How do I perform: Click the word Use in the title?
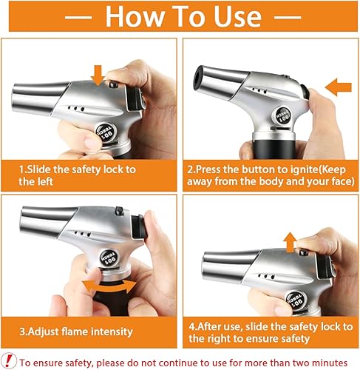(237, 16)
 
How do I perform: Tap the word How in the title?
(135, 16)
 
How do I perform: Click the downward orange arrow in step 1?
(98, 75)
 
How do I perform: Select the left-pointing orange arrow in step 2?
(338, 87)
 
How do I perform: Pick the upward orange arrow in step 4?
(290, 242)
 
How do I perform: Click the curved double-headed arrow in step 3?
(109, 286)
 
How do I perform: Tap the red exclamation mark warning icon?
(9, 360)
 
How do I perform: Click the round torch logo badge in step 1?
(106, 133)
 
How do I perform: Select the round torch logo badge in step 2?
(282, 115)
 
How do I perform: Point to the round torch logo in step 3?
(109, 258)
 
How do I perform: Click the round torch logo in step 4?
(296, 300)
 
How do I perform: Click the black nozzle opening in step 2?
(198, 78)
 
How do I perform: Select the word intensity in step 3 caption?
(112, 332)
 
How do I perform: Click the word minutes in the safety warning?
(330, 363)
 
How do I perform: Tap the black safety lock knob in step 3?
(119, 211)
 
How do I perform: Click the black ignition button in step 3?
(139, 227)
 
